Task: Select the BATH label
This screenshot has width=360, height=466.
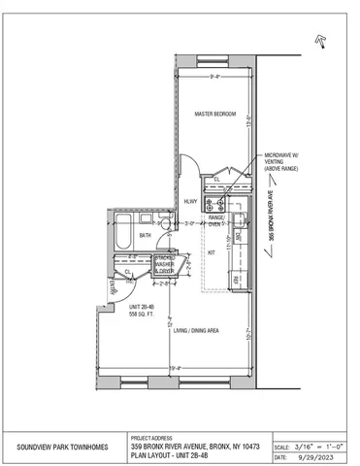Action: [x=145, y=235]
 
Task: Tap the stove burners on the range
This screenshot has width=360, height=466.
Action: [x=219, y=205]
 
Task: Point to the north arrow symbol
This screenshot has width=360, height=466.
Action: [x=317, y=39]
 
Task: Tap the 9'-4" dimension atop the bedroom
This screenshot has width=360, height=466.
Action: [x=213, y=78]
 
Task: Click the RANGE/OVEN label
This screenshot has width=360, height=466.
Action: [x=216, y=220]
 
